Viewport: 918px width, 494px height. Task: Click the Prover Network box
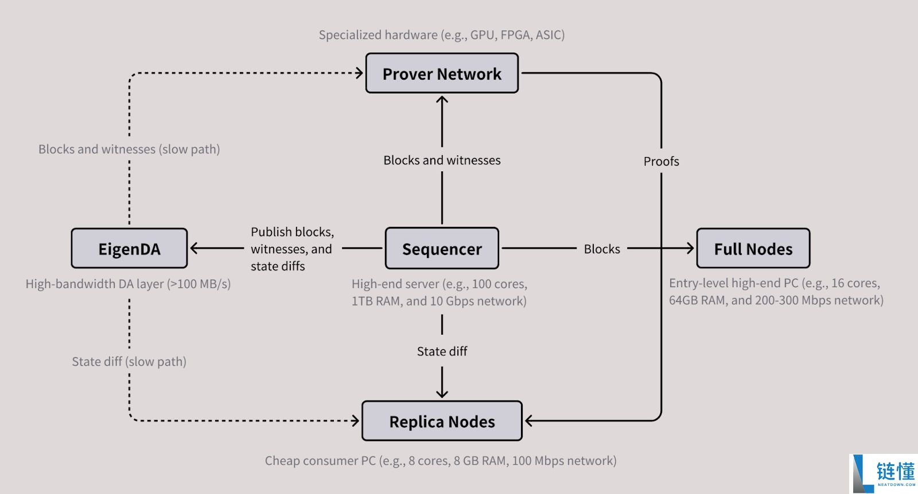coord(442,73)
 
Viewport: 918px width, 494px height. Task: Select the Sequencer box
coord(442,249)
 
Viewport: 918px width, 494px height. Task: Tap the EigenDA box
coord(129,249)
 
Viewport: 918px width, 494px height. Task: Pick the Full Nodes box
coord(753,249)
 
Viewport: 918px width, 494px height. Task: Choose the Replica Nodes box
coord(442,421)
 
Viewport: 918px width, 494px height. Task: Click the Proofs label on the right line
coord(661,162)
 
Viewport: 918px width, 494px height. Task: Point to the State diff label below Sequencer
coord(442,351)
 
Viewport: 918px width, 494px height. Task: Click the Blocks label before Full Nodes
coord(602,249)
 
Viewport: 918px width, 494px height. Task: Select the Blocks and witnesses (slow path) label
coord(129,150)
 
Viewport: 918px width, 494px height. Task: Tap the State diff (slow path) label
coord(129,362)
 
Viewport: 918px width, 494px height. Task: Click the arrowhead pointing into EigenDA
coord(194,248)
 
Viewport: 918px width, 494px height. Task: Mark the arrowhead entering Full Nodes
coord(690,248)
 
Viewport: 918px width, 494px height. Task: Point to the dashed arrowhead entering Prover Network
coord(360,73)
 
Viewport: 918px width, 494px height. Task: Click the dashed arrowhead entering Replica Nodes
coord(356,421)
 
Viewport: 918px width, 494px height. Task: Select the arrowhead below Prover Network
coord(442,100)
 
